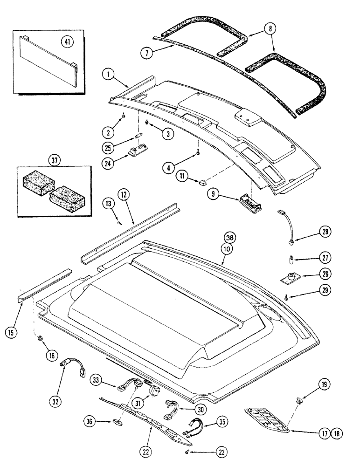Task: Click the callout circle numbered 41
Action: click(68, 42)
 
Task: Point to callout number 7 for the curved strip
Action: click(147, 53)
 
